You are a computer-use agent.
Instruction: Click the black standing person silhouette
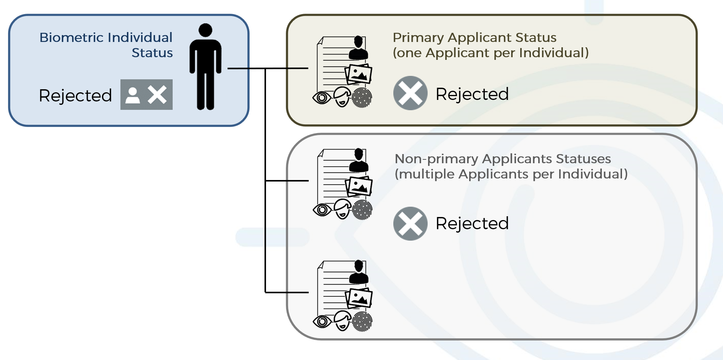(x=205, y=67)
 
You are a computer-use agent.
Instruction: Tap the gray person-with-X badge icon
(x=146, y=95)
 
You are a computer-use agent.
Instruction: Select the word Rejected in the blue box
(x=75, y=95)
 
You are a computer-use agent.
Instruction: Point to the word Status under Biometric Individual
(x=152, y=53)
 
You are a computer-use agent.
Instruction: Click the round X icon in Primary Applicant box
(x=410, y=93)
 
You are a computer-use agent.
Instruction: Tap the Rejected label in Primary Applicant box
(x=472, y=94)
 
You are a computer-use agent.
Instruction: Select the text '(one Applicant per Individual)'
(x=491, y=53)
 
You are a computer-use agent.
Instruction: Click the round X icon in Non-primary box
(x=410, y=223)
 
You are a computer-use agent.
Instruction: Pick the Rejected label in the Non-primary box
(x=472, y=223)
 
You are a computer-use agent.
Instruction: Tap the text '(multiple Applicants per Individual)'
(x=511, y=174)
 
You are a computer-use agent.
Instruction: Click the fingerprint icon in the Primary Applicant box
(x=362, y=98)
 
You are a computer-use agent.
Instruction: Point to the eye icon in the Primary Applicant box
(x=322, y=98)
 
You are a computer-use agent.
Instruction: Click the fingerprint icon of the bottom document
(x=362, y=321)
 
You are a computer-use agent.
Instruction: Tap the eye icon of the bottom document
(x=322, y=322)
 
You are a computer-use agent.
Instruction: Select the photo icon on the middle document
(x=359, y=186)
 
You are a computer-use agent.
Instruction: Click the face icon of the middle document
(x=343, y=209)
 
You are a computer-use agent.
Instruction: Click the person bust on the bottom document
(x=359, y=272)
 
